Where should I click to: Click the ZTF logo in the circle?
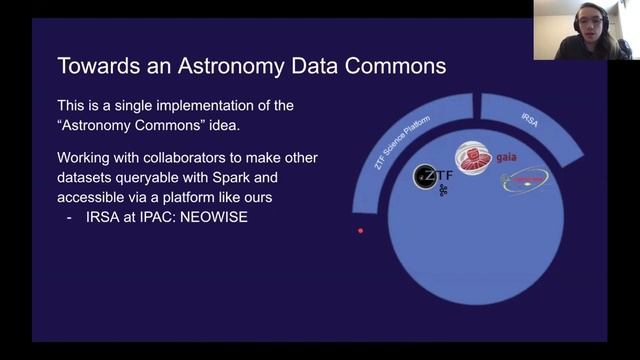click(433, 178)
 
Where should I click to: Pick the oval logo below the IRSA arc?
click(525, 180)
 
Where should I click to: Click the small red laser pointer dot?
click(361, 231)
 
